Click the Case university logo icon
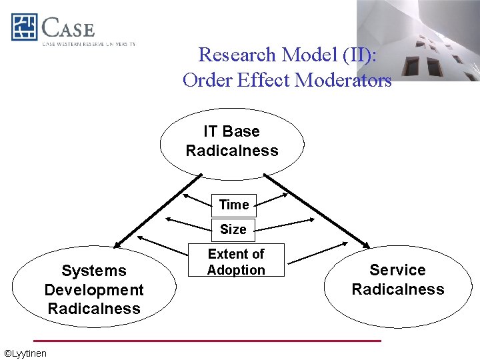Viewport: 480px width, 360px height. pos(24,27)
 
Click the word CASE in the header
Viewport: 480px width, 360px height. pos(68,28)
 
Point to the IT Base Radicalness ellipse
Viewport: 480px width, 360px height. pos(232,142)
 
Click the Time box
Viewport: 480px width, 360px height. pos(233,205)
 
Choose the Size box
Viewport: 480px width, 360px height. pos(233,229)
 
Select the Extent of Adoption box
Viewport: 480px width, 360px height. pos(236,261)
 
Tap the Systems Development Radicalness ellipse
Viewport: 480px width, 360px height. pos(94,289)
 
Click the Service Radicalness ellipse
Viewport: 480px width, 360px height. pos(398,279)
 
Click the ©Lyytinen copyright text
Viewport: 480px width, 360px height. pos(25,353)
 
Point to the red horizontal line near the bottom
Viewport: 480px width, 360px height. pos(207,341)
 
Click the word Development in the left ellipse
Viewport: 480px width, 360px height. pos(94,290)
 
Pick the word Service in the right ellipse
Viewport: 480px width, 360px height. pos(397,270)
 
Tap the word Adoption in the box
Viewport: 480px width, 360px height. pos(236,270)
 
